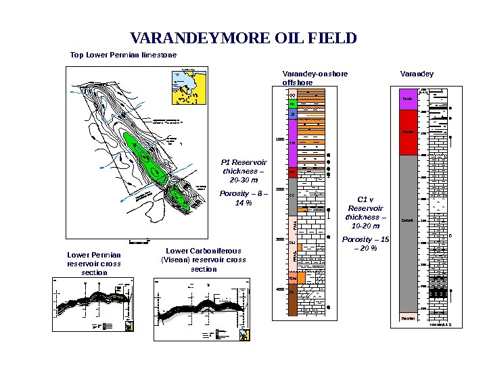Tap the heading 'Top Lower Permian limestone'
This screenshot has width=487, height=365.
point(124,55)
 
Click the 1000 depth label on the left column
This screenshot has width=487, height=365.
point(279,140)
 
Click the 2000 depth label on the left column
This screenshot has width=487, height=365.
point(279,190)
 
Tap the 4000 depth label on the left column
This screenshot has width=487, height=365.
point(279,289)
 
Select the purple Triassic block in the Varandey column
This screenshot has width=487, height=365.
point(408,99)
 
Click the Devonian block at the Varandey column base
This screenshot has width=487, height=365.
point(408,318)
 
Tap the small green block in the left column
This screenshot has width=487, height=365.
point(292,104)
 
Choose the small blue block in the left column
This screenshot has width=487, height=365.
point(292,115)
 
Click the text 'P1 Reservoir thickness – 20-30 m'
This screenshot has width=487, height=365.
point(244,171)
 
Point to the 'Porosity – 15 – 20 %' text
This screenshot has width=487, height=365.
point(365,244)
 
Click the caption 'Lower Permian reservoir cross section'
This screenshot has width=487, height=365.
point(94,264)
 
